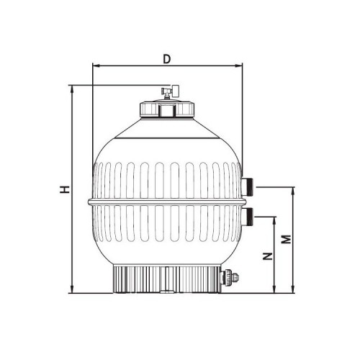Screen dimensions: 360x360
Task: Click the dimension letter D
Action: coord(166,58)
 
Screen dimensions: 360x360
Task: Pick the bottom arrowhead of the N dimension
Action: coord(274,290)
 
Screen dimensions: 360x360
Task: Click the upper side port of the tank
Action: coord(247,186)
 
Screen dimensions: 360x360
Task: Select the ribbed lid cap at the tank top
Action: coord(167,109)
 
